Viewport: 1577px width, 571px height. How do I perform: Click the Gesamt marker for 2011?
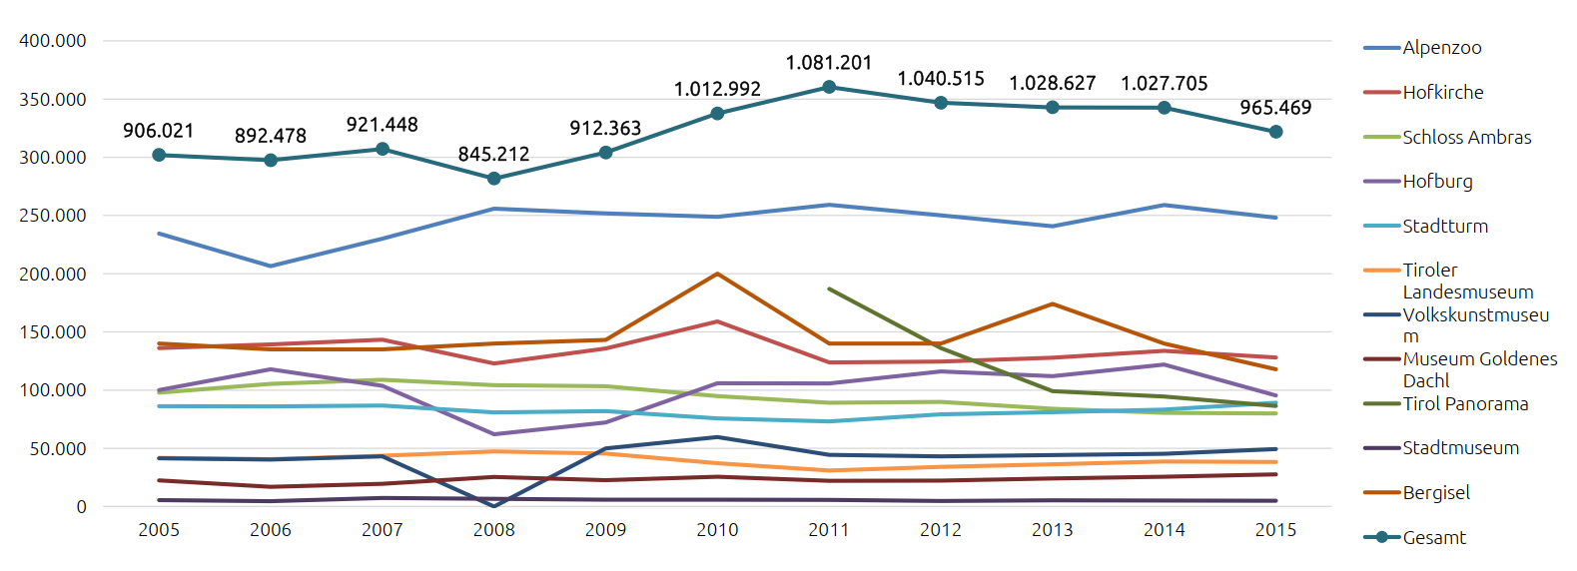pos(829,88)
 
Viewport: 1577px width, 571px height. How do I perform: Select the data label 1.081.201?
pos(829,63)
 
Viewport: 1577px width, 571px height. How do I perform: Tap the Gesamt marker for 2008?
pos(493,179)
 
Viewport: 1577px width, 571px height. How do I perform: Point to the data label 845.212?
pos(493,155)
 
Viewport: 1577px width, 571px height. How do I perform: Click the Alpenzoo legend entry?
pos(1441,48)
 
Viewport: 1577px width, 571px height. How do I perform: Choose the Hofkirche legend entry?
pos(1442,93)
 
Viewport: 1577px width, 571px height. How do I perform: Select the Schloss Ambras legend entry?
pos(1466,138)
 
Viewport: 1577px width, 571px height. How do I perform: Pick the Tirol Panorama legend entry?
pos(1465,404)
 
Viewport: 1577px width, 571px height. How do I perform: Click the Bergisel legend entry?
pos(1436,493)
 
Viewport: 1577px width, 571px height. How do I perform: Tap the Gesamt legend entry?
pos(1434,538)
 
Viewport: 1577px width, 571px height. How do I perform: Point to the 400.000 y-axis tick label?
pos(53,41)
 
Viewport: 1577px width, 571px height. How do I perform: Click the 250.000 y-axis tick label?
pos(53,216)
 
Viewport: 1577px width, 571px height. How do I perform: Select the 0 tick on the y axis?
pos(81,507)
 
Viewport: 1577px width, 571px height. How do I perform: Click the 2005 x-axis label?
pos(159,530)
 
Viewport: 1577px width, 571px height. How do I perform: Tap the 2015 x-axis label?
pos(1275,530)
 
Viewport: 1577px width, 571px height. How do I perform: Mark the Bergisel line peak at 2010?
pos(717,274)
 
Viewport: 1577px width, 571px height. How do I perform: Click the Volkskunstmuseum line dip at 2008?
pos(493,506)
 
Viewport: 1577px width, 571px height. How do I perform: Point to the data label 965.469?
pos(1275,108)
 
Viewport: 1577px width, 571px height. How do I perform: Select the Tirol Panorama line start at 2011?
pos(829,288)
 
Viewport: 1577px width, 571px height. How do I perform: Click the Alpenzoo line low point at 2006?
pos(271,267)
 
